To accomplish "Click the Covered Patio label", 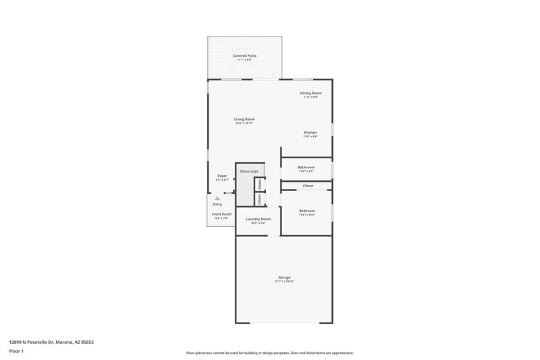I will click(x=244, y=55).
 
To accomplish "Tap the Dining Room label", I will click(x=310, y=93).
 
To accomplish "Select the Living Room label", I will click(x=244, y=119).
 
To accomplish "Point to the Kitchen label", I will click(x=310, y=132).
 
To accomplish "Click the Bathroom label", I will click(x=306, y=167).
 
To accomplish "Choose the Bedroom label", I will click(x=307, y=211).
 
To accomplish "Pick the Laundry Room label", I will click(x=258, y=219).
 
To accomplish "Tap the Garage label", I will click(x=284, y=277).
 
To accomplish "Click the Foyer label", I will click(x=222, y=176).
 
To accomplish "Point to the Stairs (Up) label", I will click(x=249, y=172).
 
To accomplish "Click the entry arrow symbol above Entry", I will click(x=217, y=199).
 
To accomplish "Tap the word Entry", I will click(x=217, y=204).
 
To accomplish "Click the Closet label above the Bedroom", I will click(x=308, y=186).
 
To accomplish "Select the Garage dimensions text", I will click(x=284, y=281).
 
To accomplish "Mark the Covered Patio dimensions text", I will click(x=244, y=59).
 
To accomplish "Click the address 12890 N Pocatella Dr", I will click(x=51, y=342).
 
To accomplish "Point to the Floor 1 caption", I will click(x=17, y=351).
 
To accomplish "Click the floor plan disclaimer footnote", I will click(x=269, y=353).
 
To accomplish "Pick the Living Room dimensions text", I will click(x=244, y=123).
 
